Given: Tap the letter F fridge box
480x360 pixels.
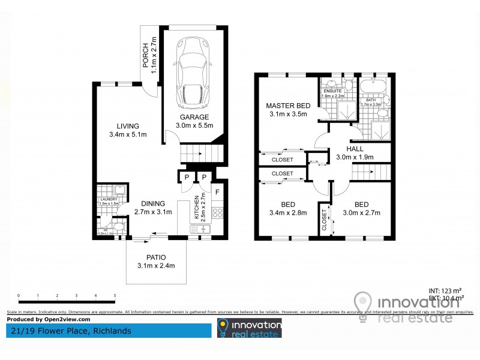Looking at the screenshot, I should pyautogui.click(x=217, y=193).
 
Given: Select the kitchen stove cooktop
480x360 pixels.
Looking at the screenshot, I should pyautogui.click(x=218, y=212).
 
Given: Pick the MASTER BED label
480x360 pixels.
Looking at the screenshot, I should pyautogui.click(x=288, y=110).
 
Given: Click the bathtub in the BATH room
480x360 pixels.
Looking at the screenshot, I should pyautogui.click(x=374, y=85).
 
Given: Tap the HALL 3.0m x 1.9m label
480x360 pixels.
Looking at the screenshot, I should pyautogui.click(x=355, y=153).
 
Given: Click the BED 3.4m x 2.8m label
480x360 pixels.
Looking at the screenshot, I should pyautogui.click(x=288, y=208).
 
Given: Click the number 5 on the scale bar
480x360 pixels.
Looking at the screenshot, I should pyautogui.click(x=115, y=295).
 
